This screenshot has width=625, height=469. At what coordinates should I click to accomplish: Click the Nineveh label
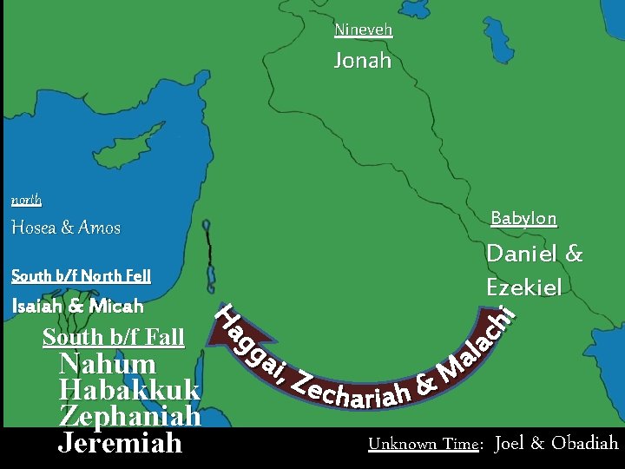pyautogui.click(x=364, y=30)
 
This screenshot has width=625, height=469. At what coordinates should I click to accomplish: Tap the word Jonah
pyautogui.click(x=363, y=61)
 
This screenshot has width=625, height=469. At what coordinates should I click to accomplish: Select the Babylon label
pyautogui.click(x=523, y=218)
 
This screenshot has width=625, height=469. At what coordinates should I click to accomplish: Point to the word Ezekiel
pyautogui.click(x=524, y=287)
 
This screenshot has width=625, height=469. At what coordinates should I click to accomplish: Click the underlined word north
pyautogui.click(x=26, y=200)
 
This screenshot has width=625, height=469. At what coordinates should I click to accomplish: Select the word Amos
pyautogui.click(x=99, y=228)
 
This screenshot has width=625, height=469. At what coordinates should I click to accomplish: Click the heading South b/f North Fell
pyautogui.click(x=81, y=276)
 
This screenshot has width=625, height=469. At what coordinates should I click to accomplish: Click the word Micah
pyautogui.click(x=115, y=306)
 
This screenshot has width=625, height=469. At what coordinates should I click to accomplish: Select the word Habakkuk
pyautogui.click(x=129, y=390)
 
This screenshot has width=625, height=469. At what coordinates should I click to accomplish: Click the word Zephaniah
pyautogui.click(x=130, y=416)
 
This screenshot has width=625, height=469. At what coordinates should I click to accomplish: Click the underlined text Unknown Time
pyautogui.click(x=424, y=444)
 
